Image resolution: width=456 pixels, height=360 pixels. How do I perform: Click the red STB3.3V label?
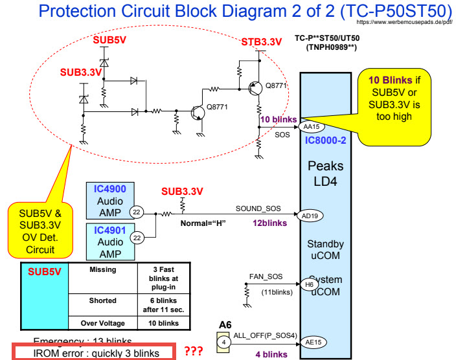click(262, 43)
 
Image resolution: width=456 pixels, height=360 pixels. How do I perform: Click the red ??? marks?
click(194, 352)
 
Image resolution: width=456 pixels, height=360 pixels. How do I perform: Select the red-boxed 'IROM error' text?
click(95, 353)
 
